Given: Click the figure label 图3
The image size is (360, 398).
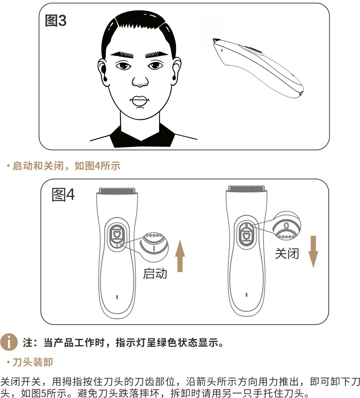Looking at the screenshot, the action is [x=55, y=20].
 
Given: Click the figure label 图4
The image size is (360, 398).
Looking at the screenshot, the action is [x=63, y=195].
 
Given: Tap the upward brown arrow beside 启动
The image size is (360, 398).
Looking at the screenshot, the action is [x=180, y=256].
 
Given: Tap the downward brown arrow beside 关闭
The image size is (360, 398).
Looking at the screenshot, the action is [x=313, y=252].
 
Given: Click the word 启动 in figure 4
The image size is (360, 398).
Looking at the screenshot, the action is [x=155, y=274].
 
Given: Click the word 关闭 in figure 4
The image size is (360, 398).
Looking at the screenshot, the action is [x=287, y=254].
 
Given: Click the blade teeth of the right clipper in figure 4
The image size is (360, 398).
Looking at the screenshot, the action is [x=247, y=188].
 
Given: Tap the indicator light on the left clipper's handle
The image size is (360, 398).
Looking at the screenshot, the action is [x=117, y=297].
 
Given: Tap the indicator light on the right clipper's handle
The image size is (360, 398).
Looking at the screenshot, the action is [x=247, y=295].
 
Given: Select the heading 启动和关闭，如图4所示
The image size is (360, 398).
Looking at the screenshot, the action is [x=66, y=166].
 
